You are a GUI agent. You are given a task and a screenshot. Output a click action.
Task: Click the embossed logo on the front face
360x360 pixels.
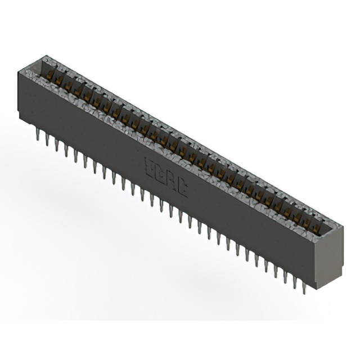pyautogui.click(x=167, y=177)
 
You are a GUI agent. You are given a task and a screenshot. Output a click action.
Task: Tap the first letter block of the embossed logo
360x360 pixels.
pyautogui.click(x=150, y=168)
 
